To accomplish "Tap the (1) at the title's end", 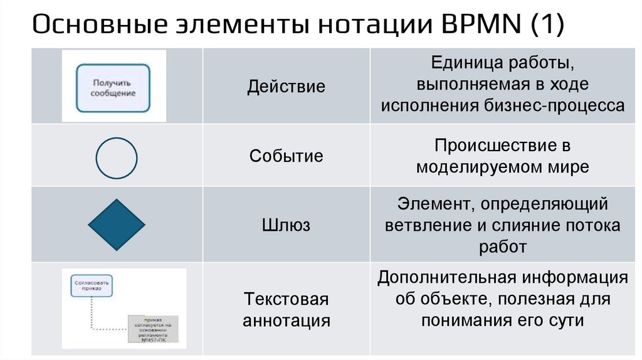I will tap(545, 26).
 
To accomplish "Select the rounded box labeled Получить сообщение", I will tap(113, 87).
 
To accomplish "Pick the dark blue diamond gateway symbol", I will tap(117, 225).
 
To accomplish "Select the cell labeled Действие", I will tap(286, 86).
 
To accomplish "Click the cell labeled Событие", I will tap(286, 156).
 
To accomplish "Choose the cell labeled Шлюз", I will tap(286, 225).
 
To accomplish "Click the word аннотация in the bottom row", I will tap(286, 320).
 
